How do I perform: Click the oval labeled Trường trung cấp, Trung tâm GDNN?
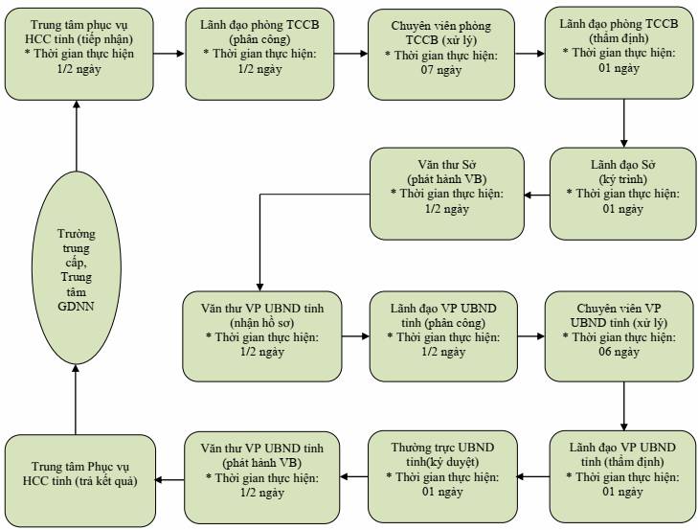pos(77,267)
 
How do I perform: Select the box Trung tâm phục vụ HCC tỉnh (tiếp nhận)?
pos(79,54)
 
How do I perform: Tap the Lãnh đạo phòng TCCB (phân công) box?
pos(260,54)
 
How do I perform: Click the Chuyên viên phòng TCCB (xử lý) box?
pos(441,55)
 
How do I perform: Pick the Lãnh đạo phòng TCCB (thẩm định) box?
pos(619,53)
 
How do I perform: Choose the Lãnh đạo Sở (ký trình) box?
pos(622,194)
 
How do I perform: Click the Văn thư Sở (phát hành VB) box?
pos(447,194)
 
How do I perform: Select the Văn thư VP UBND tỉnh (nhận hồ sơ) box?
pos(262,336)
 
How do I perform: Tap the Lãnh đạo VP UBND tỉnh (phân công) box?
pos(444,336)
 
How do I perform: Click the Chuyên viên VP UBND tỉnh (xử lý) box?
pos(619,336)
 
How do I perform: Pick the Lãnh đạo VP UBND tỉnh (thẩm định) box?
pos(622,476)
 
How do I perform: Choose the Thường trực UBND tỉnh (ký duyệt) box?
pos(443,476)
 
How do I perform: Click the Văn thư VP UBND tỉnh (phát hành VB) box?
pos(262,477)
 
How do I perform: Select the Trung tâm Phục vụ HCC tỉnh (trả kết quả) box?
pos(80,480)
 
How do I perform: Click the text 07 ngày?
pos(441,70)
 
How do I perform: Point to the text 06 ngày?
pos(619,352)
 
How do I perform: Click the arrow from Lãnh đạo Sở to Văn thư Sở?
pos(537,195)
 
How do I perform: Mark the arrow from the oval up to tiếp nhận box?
pos(77,136)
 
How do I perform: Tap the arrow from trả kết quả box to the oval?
pos(76,400)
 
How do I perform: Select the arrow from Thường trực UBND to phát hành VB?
pos(354,477)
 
